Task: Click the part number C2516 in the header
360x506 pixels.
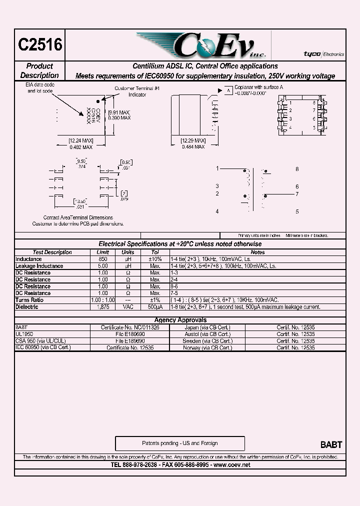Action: click(x=40, y=45)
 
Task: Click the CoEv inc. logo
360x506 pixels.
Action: click(x=200, y=46)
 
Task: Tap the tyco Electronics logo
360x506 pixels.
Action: click(x=323, y=53)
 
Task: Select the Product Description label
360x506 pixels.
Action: click(x=39, y=70)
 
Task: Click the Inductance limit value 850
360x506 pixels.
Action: click(x=102, y=259)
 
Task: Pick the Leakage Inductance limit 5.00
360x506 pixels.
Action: click(x=102, y=266)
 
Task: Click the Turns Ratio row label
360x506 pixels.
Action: click(x=30, y=300)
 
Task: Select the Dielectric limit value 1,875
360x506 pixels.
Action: click(x=102, y=307)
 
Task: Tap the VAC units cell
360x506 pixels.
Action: click(x=128, y=307)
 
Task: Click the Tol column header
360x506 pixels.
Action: click(x=155, y=252)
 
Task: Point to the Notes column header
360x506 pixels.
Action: click(x=257, y=252)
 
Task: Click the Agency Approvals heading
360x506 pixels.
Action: click(x=180, y=320)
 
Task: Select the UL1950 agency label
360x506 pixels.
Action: click(x=24, y=333)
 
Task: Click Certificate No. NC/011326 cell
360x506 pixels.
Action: click(x=130, y=327)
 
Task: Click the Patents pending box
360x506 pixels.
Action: click(x=180, y=443)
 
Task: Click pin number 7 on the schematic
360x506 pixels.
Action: click(x=296, y=194)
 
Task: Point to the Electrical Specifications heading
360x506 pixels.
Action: click(x=180, y=244)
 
